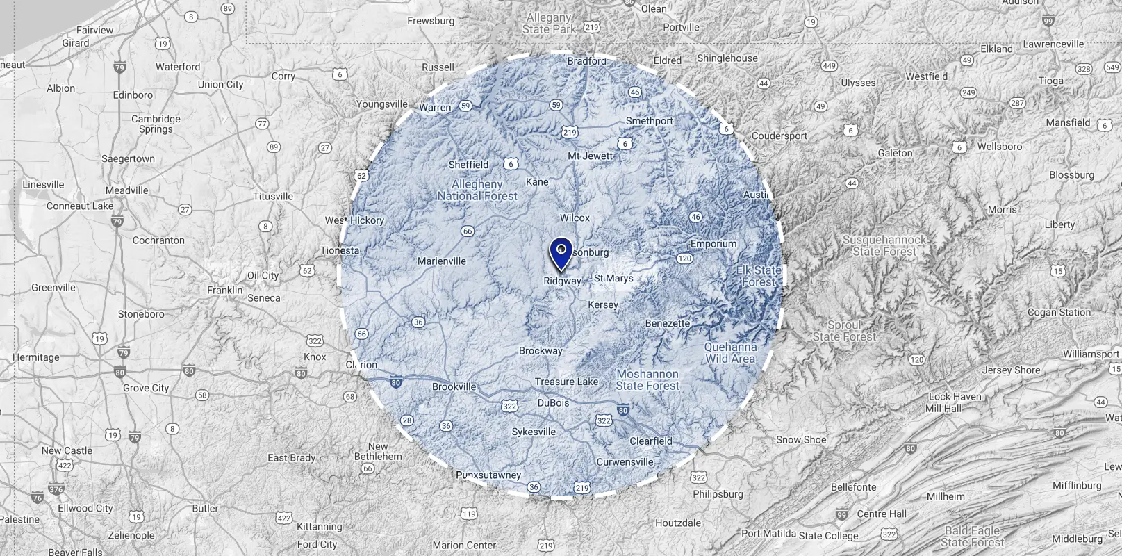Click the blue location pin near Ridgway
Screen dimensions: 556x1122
point(561,253)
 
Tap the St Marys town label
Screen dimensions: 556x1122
point(613,278)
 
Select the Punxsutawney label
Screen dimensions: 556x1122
point(488,475)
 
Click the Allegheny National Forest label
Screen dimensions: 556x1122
point(477,190)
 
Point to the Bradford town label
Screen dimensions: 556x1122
point(587,61)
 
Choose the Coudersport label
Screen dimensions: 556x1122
point(779,136)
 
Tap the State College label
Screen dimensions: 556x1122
point(829,536)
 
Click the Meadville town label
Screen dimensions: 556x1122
point(127,190)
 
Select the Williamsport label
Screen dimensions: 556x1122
point(1091,354)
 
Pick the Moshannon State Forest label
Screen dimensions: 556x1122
point(647,379)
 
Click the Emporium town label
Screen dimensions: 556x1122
point(713,244)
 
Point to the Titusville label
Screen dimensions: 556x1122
point(273,197)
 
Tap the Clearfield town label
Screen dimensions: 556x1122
point(651,441)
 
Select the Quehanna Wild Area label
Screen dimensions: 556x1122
point(730,353)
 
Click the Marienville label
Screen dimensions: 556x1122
point(441,261)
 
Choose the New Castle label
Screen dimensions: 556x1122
point(67,450)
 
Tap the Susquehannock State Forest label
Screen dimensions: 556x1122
point(884,245)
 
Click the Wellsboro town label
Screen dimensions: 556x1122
point(1000,147)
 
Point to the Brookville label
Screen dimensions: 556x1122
point(454,387)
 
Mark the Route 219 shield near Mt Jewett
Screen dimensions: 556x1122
point(570,132)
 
